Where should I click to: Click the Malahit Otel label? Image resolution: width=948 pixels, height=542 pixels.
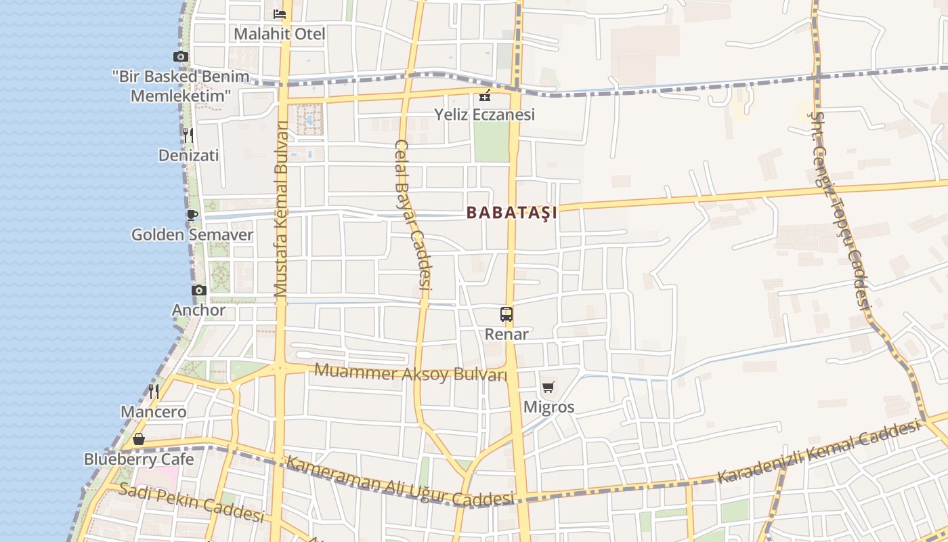[280, 34]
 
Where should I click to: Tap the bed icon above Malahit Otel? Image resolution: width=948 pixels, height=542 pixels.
[280, 14]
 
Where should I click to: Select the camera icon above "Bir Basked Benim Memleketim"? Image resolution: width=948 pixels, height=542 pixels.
[181, 57]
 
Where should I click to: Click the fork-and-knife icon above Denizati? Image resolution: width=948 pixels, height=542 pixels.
[188, 135]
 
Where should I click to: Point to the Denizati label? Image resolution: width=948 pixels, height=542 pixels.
[188, 156]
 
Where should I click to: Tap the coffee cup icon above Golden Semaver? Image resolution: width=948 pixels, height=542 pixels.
[192, 215]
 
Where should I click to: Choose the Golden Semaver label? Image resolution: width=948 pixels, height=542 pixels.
[192, 235]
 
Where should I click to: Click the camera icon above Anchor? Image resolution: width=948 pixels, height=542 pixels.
[198, 290]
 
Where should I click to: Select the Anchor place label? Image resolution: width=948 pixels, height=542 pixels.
[198, 310]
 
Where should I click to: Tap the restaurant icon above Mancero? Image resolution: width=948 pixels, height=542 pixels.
[154, 392]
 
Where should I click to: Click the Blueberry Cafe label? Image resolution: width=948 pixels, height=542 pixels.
[139, 459]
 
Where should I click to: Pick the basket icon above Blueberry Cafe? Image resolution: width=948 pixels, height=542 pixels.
[139, 440]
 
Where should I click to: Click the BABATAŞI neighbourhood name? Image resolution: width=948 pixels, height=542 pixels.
[512, 213]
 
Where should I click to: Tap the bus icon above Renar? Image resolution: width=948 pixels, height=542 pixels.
[507, 314]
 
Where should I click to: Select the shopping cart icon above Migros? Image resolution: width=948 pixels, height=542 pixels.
[548, 388]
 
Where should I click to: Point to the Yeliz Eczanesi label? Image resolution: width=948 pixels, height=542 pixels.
[485, 114]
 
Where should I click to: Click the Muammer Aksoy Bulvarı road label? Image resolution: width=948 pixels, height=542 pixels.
[411, 372]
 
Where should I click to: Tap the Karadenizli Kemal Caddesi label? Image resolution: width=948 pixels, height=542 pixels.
[819, 452]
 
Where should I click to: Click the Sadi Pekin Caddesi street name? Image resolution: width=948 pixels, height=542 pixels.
[191, 502]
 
